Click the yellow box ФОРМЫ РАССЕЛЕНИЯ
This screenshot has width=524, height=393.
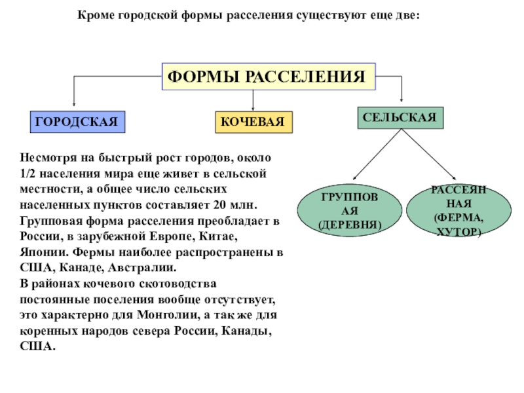269,77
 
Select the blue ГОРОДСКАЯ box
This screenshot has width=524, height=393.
77,122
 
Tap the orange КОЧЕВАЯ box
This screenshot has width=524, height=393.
254,122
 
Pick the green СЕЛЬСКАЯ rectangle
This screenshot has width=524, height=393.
401,118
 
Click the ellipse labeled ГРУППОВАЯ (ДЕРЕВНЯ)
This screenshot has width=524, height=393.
350,210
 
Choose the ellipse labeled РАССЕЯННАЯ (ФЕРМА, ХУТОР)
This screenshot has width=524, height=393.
459,210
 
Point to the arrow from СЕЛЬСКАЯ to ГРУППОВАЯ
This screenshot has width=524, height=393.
377,155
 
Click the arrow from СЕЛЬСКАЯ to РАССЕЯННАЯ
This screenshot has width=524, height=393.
429,155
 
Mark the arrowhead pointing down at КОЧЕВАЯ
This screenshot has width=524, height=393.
253,109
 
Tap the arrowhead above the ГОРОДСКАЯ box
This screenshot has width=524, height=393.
74,104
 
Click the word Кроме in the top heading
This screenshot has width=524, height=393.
96,15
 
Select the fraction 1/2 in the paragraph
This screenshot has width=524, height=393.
27,174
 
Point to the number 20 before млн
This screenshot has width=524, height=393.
220,204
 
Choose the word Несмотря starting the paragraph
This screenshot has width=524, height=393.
48,157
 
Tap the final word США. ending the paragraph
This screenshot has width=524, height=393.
37,346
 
